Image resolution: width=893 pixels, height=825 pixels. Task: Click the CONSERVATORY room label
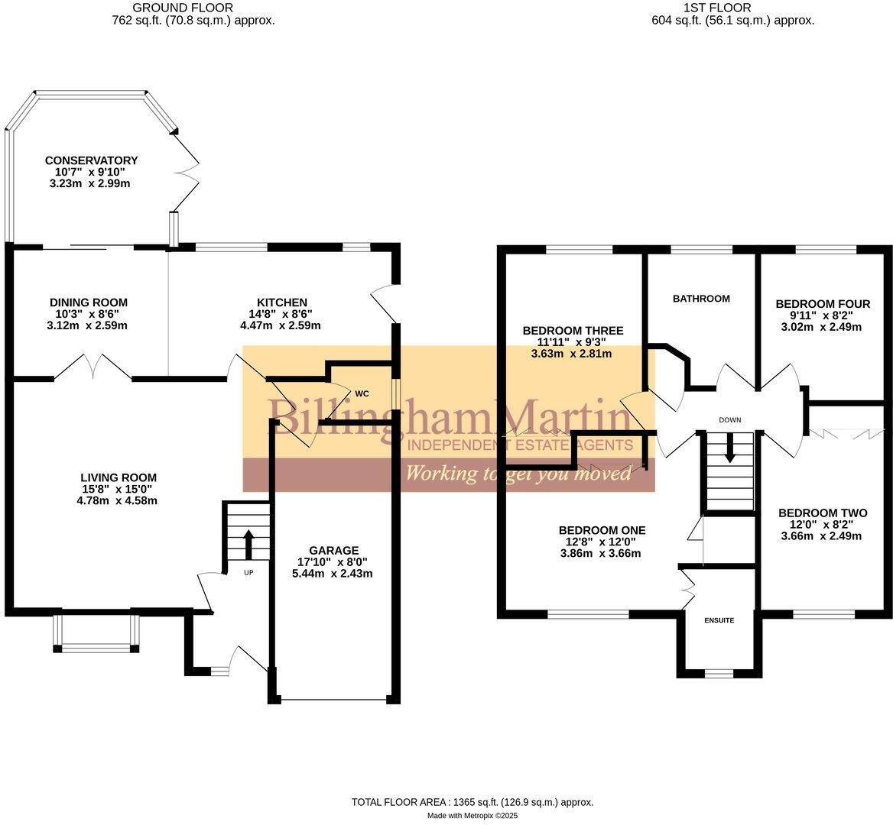click(91, 160)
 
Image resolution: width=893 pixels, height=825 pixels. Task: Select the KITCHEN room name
click(281, 302)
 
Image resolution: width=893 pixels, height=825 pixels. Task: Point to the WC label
click(362, 394)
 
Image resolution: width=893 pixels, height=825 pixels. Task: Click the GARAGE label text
click(333, 550)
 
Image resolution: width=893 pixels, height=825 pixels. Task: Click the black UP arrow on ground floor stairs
click(248, 544)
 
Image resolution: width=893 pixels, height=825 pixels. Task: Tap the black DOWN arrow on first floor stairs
click(729, 448)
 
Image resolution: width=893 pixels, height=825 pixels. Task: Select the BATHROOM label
click(701, 299)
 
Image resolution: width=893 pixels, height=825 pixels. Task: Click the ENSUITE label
click(719, 620)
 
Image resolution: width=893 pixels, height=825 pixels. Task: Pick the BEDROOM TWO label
click(823, 513)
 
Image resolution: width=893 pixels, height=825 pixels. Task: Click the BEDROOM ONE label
click(602, 530)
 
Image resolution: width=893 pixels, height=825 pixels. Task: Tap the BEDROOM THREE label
click(573, 331)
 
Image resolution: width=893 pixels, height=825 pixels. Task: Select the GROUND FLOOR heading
click(193, 8)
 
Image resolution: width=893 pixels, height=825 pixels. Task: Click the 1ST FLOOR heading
click(729, 8)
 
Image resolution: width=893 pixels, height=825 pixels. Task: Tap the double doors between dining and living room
click(93, 367)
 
